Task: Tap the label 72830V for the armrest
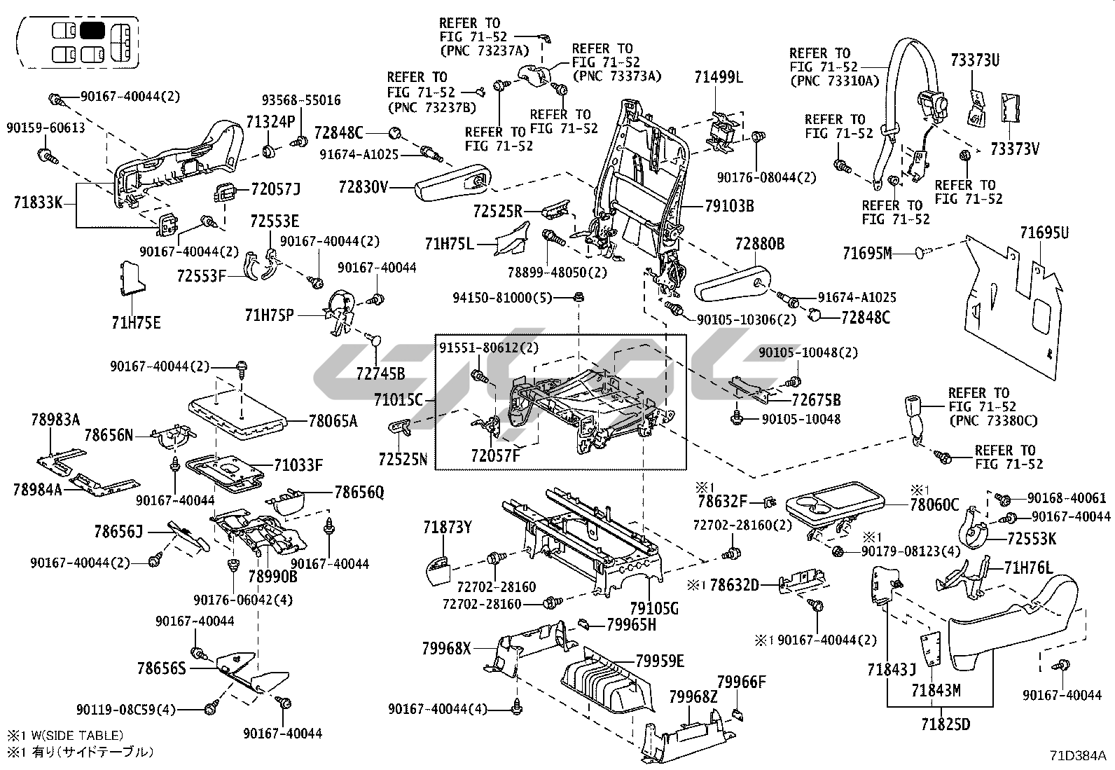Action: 363,187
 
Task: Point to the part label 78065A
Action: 333,420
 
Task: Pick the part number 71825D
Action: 946,724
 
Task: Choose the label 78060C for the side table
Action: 934,504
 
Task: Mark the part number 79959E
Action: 660,661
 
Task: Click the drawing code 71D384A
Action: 1078,755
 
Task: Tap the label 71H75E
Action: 136,323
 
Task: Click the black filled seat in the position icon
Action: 92,31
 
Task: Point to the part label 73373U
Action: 975,60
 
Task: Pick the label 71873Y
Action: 448,528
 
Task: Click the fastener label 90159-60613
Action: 46,128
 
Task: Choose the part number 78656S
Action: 162,668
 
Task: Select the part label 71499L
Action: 719,77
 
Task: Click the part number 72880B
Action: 759,245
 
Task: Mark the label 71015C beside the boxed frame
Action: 398,400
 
